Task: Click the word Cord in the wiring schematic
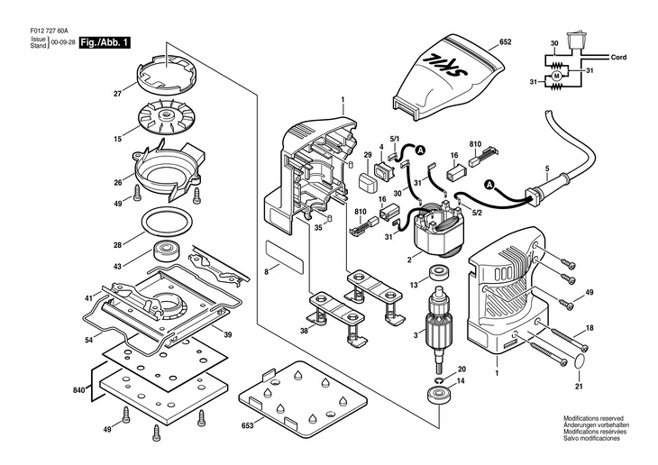618,57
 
